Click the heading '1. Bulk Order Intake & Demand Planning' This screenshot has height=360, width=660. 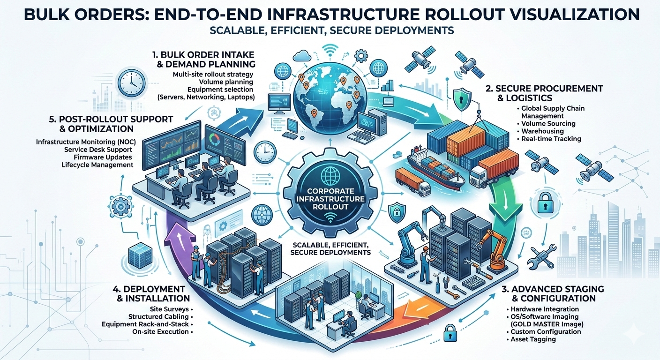[x=203, y=59]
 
